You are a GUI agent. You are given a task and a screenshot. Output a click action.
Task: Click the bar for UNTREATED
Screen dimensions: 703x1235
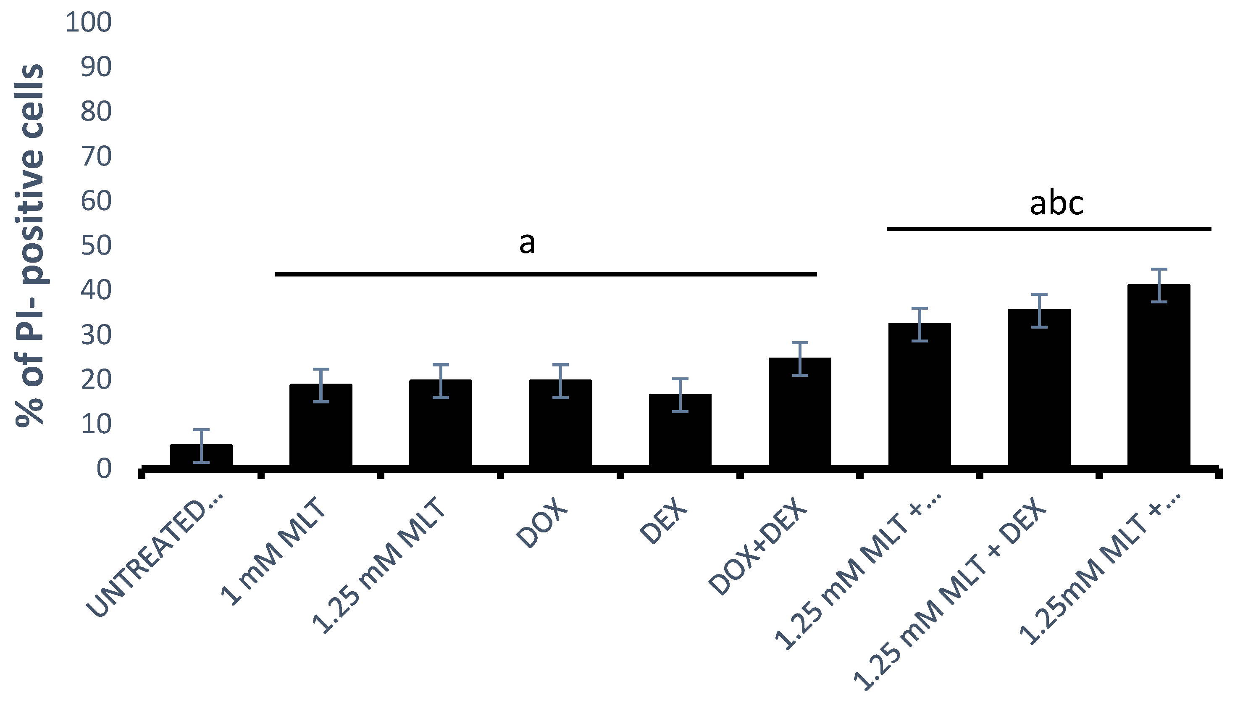click(201, 456)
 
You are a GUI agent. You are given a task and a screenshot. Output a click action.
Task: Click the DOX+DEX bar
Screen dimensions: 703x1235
click(800, 412)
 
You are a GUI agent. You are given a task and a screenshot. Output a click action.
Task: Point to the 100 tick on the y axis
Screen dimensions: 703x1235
click(88, 22)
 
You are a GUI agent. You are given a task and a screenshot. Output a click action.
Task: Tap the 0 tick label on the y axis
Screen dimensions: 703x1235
click(104, 469)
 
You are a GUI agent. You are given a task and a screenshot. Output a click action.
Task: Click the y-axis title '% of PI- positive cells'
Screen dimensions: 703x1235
click(30, 245)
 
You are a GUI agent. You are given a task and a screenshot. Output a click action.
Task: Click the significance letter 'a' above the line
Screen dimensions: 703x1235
click(526, 243)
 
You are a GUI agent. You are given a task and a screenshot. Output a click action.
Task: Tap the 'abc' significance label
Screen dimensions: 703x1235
click(1056, 204)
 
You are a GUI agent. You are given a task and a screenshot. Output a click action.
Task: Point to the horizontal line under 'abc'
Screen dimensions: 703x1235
click(1049, 229)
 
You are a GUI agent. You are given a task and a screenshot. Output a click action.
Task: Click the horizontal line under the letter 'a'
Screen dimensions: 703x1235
click(545, 274)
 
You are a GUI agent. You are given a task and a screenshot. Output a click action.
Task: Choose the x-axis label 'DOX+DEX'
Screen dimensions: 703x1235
click(758, 545)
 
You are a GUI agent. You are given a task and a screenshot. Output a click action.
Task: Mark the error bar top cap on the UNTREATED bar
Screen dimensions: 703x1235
click(201, 429)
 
